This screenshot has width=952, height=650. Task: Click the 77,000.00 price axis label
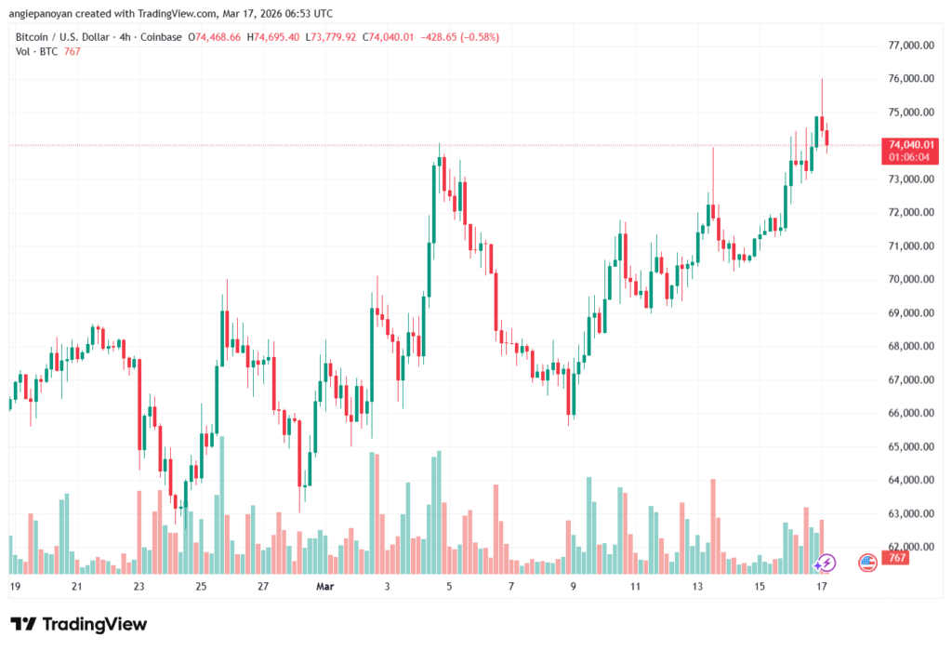[910, 46]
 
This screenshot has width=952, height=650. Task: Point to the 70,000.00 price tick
[910, 279]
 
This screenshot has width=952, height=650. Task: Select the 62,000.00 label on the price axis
[910, 547]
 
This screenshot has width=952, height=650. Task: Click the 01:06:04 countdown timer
[910, 157]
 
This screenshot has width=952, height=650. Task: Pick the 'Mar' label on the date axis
[324, 587]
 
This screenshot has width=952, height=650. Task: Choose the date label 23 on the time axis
[139, 587]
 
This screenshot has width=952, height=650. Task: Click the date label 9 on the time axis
[574, 587]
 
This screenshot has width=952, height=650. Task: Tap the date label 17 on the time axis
[822, 587]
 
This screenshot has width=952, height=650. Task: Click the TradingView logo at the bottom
[78, 624]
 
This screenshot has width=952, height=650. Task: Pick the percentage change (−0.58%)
[473, 37]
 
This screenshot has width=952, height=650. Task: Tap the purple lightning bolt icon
[825, 563]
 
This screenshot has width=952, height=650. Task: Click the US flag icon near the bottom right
[867, 562]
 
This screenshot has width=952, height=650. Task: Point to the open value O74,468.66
[215, 37]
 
